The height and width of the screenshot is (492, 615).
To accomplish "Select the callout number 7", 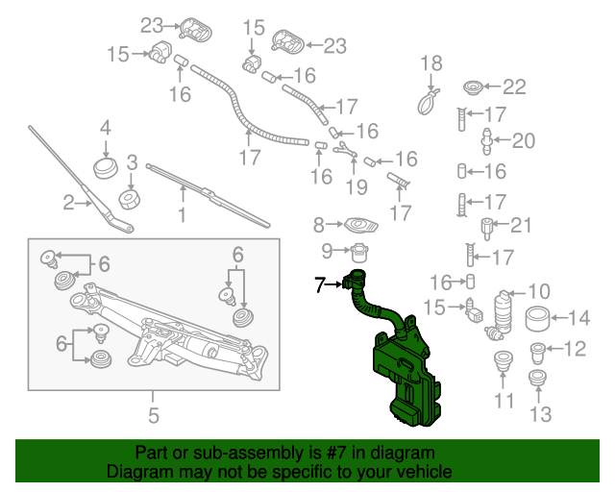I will pyautogui.click(x=320, y=284).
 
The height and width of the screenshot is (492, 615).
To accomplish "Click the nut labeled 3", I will pyautogui.click(x=128, y=199).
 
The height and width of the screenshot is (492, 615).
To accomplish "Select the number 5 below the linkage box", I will pyautogui.click(x=152, y=415).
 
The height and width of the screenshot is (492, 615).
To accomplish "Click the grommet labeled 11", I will pyautogui.click(x=501, y=365).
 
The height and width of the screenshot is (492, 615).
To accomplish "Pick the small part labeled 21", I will pyautogui.click(x=487, y=230).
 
